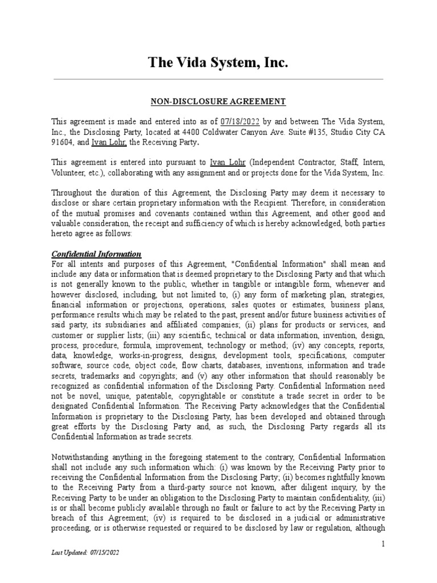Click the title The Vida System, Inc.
coord(218,63)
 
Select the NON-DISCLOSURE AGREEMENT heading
coord(218,102)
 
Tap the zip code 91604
coord(62,142)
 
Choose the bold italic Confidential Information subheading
coord(96,253)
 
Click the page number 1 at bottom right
coord(384,545)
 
